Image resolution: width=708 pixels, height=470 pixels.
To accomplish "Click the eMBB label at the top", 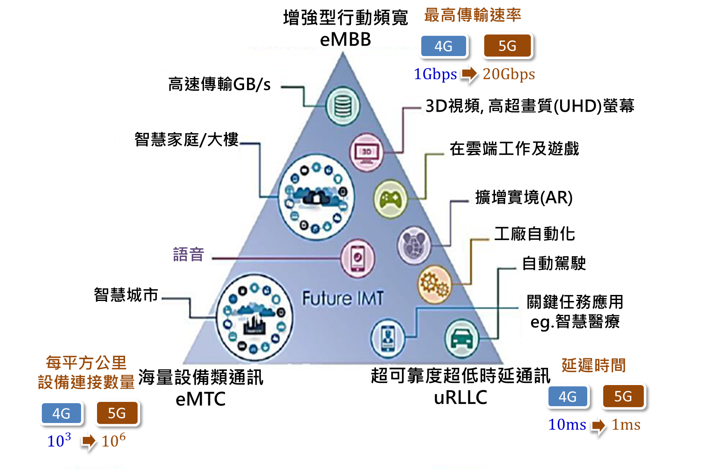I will click(345, 40).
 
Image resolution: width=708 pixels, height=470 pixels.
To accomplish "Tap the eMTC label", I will click(200, 399).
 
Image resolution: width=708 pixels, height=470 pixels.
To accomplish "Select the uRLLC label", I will click(461, 398).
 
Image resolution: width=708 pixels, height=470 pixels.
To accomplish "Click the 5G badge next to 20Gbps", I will click(508, 46).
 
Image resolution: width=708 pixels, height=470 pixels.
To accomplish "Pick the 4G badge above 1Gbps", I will click(444, 46).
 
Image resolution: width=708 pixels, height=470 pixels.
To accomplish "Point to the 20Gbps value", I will click(509, 74).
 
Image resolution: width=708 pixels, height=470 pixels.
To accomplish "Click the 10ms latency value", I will click(567, 425).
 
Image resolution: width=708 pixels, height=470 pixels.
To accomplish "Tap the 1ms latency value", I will click(626, 425).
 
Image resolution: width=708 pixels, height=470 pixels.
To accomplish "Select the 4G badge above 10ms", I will click(567, 397).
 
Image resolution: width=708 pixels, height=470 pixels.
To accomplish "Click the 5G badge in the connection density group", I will click(117, 413).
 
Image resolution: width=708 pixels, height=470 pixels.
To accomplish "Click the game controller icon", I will click(390, 200).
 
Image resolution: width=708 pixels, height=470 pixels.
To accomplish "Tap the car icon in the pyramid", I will click(461, 339).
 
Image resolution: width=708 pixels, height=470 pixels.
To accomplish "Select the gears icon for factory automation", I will click(434, 285).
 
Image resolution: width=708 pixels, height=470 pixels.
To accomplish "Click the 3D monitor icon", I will click(367, 152).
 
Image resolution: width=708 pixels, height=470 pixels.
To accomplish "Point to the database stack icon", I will click(343, 106).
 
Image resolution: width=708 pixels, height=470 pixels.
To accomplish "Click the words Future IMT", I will click(343, 298).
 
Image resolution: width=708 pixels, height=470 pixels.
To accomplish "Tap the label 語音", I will click(188, 254).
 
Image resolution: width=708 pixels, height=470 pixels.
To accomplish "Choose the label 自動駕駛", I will click(554, 263).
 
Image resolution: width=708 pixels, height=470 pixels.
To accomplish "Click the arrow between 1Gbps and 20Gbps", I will click(469, 74).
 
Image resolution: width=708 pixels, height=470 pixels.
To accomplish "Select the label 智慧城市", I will click(126, 295).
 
